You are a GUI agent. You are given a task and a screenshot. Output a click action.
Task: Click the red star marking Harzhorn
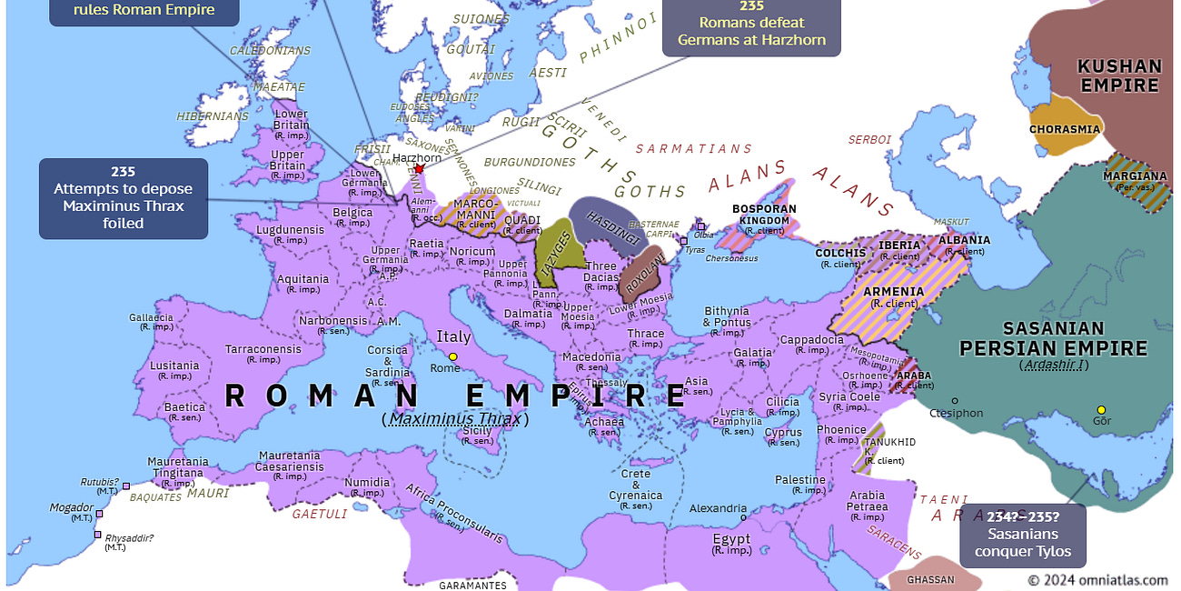(419, 169)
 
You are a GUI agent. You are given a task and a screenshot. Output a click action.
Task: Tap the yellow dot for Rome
(452, 356)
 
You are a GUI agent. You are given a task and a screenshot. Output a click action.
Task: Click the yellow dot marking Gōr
(1101, 410)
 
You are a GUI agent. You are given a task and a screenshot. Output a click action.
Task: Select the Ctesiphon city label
(957, 413)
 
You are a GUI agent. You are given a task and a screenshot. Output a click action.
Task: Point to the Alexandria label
(719, 509)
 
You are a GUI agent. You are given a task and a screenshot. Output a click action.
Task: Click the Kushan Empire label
(1118, 76)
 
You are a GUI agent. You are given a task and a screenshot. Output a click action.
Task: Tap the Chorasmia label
(1065, 129)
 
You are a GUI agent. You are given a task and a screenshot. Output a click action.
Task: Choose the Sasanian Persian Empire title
(1053, 338)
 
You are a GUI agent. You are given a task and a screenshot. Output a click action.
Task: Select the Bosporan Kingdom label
(764, 215)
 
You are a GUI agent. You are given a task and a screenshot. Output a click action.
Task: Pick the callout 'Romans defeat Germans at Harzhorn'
(751, 27)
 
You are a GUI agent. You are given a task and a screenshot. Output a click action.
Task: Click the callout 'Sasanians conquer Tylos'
(1022, 534)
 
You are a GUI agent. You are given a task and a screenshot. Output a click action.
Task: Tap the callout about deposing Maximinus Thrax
(124, 197)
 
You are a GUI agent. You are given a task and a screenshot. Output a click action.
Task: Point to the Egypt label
(731, 539)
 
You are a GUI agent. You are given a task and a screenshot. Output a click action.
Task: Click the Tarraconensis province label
(264, 349)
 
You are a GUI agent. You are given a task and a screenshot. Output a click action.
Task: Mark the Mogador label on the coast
(72, 507)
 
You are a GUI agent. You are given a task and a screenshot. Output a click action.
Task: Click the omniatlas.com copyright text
(1097, 579)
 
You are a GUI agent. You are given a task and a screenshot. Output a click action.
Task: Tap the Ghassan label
(931, 580)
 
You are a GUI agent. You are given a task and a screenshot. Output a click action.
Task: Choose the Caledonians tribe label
(270, 52)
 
